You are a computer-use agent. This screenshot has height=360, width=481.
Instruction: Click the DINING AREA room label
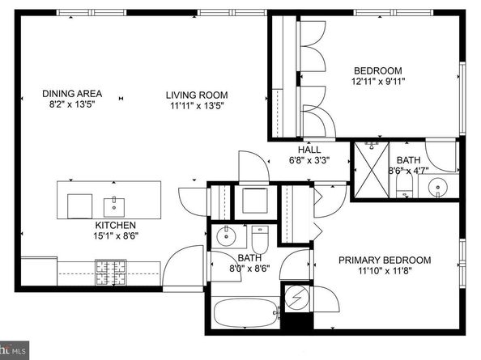coord(72,94)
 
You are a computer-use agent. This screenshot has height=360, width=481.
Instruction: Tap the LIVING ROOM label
coord(197,95)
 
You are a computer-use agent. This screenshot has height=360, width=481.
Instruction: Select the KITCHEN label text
coord(115,225)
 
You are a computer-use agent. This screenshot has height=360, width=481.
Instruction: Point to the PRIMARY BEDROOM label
coord(385,260)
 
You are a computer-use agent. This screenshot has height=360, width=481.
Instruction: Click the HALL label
coord(309,150)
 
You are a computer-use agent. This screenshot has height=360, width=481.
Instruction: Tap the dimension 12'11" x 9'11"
coord(378,82)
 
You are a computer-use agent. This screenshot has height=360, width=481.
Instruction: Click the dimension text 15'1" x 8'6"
coord(116,236)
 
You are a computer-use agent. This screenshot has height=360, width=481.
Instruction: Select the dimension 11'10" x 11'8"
coord(385,271)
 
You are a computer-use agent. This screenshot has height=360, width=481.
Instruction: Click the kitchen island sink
coord(114,207)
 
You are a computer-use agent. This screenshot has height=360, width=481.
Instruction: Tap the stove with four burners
coord(111,273)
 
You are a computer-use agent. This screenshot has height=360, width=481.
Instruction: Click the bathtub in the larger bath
coord(245,313)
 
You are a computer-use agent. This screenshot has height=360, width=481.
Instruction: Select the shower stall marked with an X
coord(372,169)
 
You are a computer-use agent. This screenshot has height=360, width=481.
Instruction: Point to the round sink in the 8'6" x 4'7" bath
coord(438,187)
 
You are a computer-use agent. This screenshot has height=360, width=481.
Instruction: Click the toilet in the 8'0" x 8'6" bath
coord(260,239)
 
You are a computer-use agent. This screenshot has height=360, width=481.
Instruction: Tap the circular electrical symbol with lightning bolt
coord(297,297)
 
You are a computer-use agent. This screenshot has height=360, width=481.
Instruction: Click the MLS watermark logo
coord(15,350)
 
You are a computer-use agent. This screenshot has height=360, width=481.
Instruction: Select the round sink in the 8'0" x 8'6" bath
coord(227,236)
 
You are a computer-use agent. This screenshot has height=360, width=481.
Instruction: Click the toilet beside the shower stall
coord(405,186)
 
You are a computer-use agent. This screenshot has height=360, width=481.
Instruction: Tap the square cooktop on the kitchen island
coord(79,206)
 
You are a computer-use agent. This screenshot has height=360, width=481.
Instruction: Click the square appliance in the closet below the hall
coord(255,201)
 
